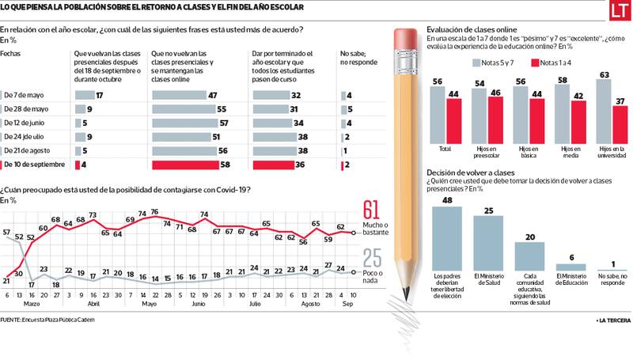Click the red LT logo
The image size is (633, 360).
click(618, 12)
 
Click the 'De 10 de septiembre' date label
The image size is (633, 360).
click(36, 165)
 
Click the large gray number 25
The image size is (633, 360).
click(373, 259)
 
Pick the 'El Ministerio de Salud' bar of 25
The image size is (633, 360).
click(488, 244)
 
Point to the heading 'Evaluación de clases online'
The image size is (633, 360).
click(472, 28)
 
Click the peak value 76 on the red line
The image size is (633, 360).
click(155, 211)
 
